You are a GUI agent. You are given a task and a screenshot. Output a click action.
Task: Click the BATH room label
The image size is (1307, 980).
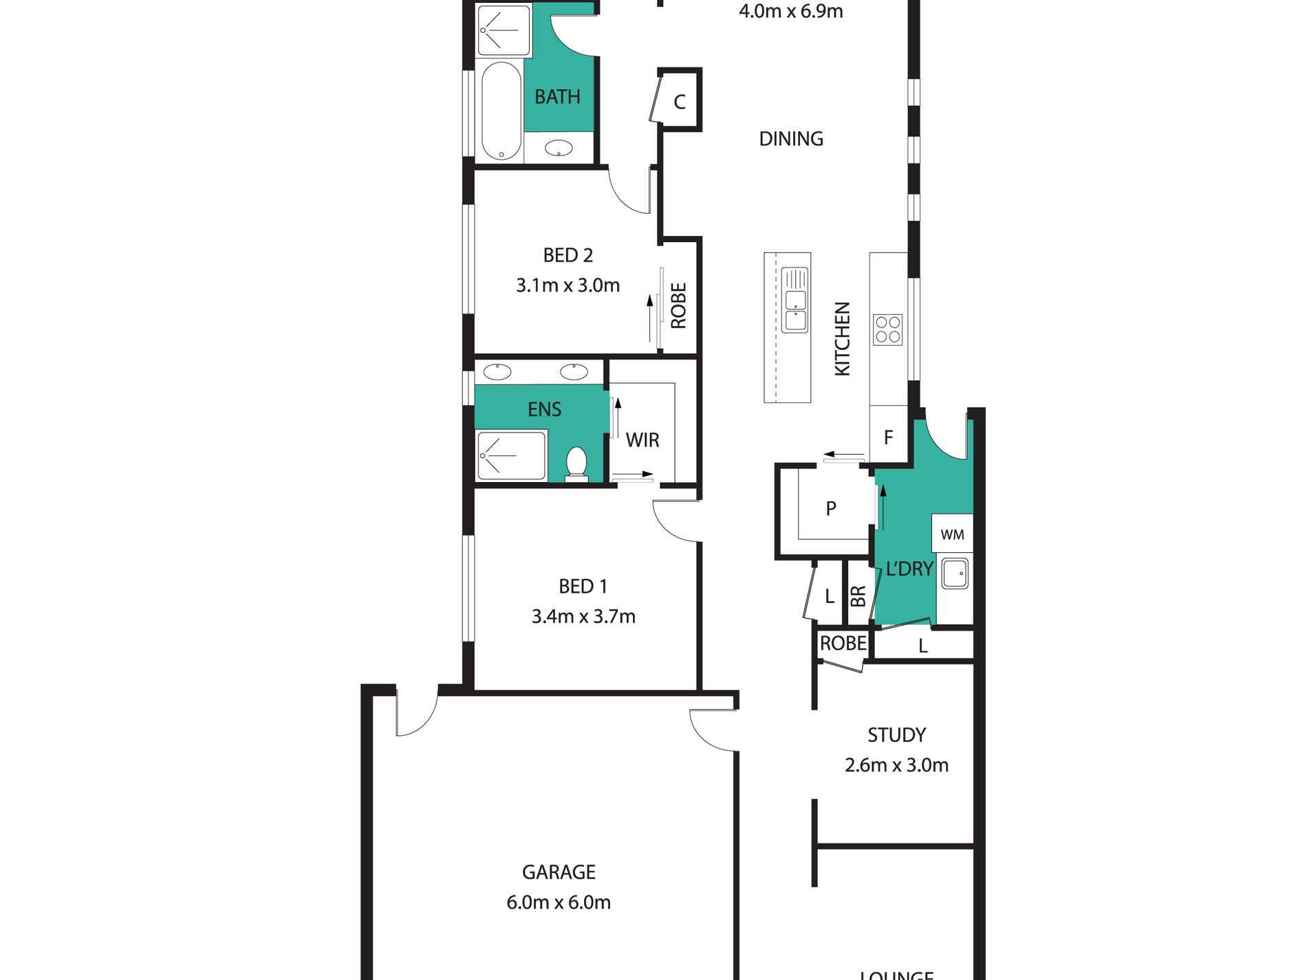[557, 97]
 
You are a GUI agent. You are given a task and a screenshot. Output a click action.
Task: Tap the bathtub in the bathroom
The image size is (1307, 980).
[501, 111]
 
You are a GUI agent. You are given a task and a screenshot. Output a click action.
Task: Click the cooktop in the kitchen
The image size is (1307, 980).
[887, 329]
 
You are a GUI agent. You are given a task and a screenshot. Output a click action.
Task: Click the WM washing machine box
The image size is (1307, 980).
[952, 534]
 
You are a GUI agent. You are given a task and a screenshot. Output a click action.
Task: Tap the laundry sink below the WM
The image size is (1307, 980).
[954, 574]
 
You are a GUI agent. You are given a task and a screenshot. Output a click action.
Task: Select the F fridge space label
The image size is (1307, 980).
[888, 437]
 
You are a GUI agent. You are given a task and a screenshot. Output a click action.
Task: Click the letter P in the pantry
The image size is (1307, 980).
[831, 509]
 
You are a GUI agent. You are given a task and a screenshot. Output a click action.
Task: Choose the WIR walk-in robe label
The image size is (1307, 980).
[642, 440]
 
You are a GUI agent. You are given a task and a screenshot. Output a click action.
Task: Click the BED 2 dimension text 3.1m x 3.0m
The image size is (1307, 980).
[568, 285]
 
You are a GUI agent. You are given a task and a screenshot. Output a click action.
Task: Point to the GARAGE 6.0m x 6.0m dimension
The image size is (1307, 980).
[559, 902]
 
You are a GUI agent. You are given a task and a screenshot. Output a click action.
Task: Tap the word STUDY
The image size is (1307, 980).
[896, 735]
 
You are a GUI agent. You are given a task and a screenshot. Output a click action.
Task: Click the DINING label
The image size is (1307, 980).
[791, 139]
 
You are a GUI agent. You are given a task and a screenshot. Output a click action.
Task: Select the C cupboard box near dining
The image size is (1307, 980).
[680, 102]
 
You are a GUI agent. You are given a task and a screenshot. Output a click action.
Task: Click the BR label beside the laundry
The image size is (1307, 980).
[858, 596]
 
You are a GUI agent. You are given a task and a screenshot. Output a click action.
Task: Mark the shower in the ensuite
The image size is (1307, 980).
[511, 455]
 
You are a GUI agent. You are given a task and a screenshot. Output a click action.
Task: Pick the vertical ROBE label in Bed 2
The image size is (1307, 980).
[678, 305]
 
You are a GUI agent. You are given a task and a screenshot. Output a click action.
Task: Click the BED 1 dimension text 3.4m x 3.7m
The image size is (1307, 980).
[583, 616]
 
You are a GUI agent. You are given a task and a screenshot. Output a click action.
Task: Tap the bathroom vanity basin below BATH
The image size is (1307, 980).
[559, 148]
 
